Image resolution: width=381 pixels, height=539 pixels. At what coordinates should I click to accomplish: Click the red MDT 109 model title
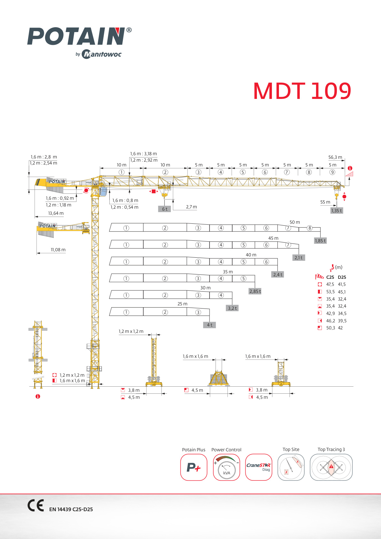tap(302, 91)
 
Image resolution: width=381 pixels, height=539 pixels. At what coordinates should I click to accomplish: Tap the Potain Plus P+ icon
tap(194, 467)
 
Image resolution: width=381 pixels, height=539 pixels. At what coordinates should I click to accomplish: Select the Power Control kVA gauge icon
tap(226, 467)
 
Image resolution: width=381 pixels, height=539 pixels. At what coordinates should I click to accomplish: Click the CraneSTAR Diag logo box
tap(258, 467)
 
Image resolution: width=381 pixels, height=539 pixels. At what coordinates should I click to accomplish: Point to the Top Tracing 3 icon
tap(331, 467)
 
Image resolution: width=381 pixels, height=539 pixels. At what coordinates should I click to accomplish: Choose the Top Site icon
tap(291, 467)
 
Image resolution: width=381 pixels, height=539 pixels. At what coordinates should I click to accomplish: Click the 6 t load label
tap(164, 209)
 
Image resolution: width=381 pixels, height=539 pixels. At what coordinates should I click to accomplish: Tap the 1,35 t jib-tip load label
tap(337, 211)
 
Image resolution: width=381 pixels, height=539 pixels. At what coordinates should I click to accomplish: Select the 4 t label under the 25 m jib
tap(210, 325)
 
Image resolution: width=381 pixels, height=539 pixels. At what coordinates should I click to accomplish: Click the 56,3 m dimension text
tap(335, 157)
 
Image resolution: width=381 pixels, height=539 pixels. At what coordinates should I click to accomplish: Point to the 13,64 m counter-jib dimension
tap(56, 213)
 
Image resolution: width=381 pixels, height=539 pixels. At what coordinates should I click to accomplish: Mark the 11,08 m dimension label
tap(58, 250)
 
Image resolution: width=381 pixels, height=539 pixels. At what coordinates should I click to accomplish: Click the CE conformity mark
tap(36, 505)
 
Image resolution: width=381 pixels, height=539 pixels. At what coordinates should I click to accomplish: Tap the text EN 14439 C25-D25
tap(71, 510)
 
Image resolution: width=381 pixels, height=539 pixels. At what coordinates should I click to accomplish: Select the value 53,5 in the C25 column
tap(330, 292)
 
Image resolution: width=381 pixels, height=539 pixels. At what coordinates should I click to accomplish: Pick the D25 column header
tap(342, 278)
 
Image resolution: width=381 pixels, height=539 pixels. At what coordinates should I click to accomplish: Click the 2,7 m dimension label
tap(191, 207)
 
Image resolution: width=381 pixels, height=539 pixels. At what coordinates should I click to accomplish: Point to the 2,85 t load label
tap(255, 291)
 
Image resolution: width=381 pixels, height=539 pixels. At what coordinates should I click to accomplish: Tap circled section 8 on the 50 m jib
tap(309, 228)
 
